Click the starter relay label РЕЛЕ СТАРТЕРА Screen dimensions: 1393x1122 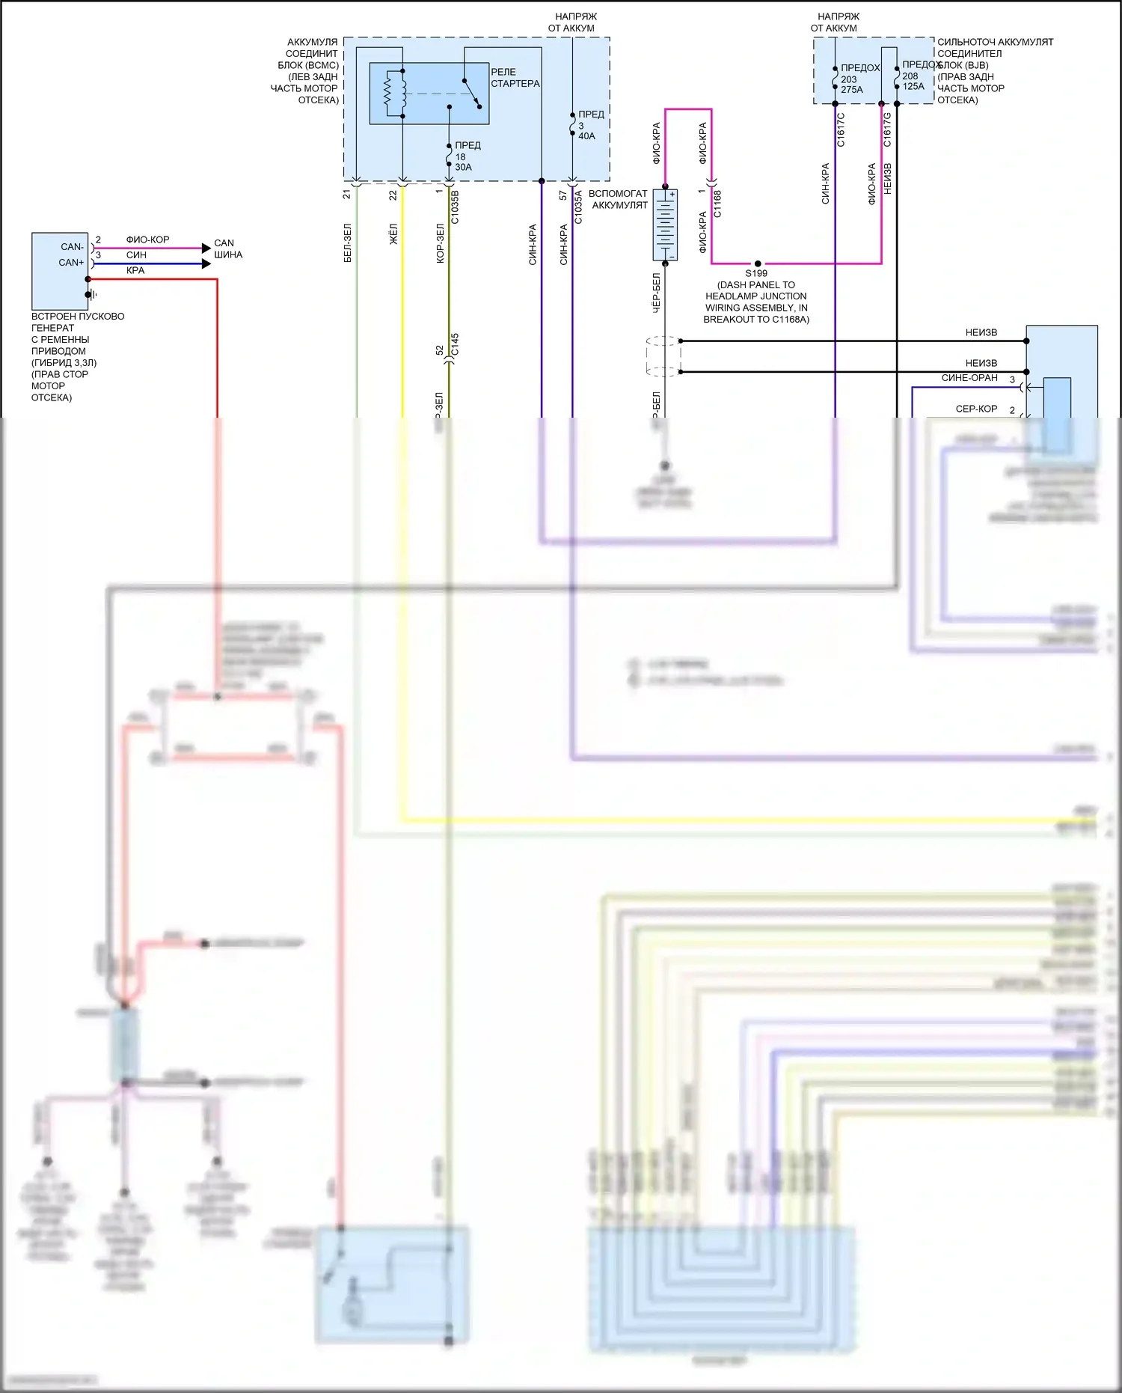[x=515, y=78]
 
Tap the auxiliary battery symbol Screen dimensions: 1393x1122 [x=665, y=225]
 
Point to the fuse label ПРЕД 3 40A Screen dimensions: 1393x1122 [x=590, y=125]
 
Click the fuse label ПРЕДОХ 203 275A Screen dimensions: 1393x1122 [x=859, y=79]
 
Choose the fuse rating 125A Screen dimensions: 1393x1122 [x=913, y=87]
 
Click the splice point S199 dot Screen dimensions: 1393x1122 [x=758, y=263]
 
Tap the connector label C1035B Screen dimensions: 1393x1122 [x=455, y=207]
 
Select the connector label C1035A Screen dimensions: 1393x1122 [x=578, y=207]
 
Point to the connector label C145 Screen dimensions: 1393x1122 [x=455, y=344]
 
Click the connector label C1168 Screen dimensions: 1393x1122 [x=717, y=204]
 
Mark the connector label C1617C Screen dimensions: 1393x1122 [x=841, y=129]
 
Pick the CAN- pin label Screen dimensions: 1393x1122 [x=73, y=247]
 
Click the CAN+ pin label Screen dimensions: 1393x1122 [x=72, y=263]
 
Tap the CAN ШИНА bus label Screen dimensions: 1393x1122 [x=227, y=249]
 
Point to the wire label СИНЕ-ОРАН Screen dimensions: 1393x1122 [x=969, y=378]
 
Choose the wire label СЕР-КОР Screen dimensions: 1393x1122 [x=976, y=409]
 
